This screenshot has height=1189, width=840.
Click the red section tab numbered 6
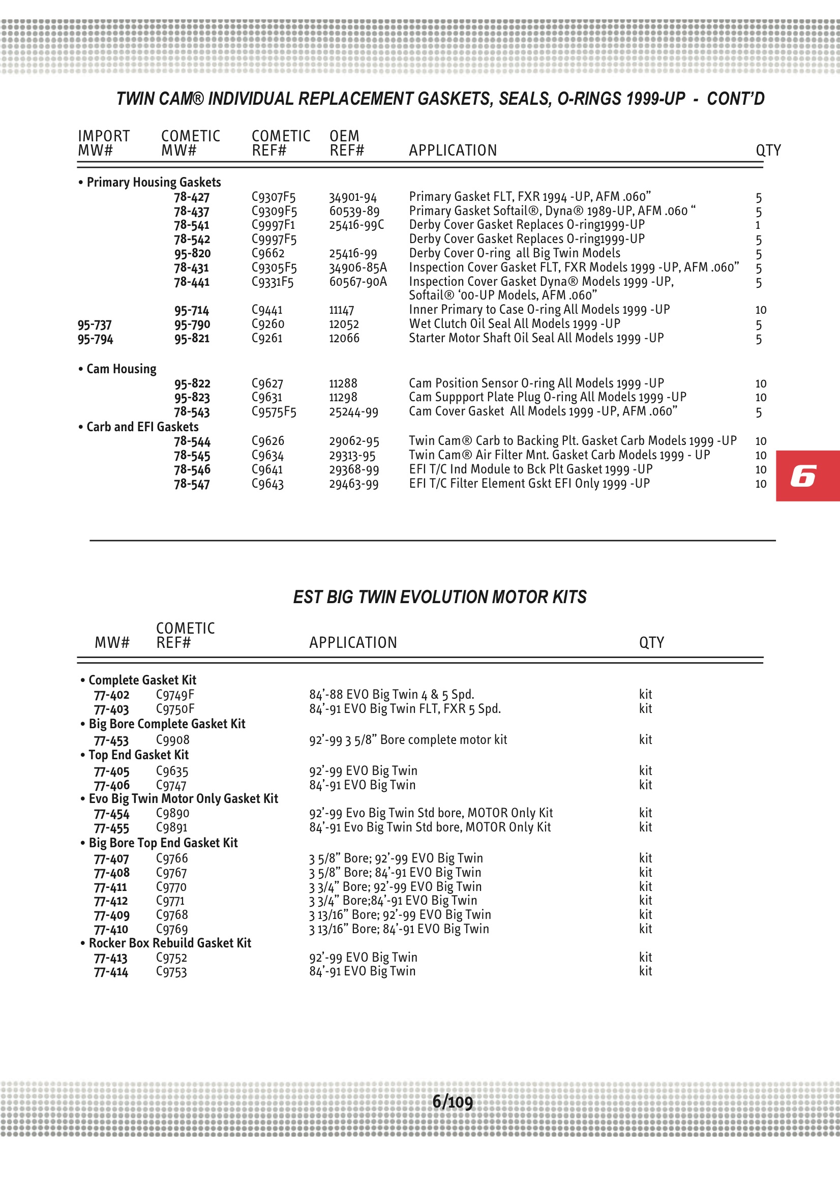click(x=807, y=475)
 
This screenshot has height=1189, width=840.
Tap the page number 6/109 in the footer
click(x=452, y=1102)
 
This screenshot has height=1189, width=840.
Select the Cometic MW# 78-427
click(x=192, y=197)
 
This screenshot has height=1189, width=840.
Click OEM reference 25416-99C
click(x=356, y=225)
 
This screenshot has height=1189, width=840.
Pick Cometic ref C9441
click(x=267, y=310)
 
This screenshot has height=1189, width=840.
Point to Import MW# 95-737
click(x=95, y=324)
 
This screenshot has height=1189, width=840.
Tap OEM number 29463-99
click(x=354, y=484)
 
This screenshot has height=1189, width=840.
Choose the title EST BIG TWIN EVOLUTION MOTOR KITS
click(x=440, y=597)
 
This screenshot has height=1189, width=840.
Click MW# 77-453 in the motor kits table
click(x=111, y=740)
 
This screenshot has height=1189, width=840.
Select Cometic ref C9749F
click(x=175, y=695)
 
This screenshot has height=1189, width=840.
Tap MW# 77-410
click(x=111, y=930)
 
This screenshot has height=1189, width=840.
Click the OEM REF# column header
click(x=346, y=143)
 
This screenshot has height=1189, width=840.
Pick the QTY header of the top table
click(x=767, y=150)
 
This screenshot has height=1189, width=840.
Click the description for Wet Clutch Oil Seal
click(x=514, y=324)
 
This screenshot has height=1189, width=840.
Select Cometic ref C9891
click(x=171, y=827)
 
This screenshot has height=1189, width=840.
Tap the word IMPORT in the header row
click(x=104, y=136)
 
